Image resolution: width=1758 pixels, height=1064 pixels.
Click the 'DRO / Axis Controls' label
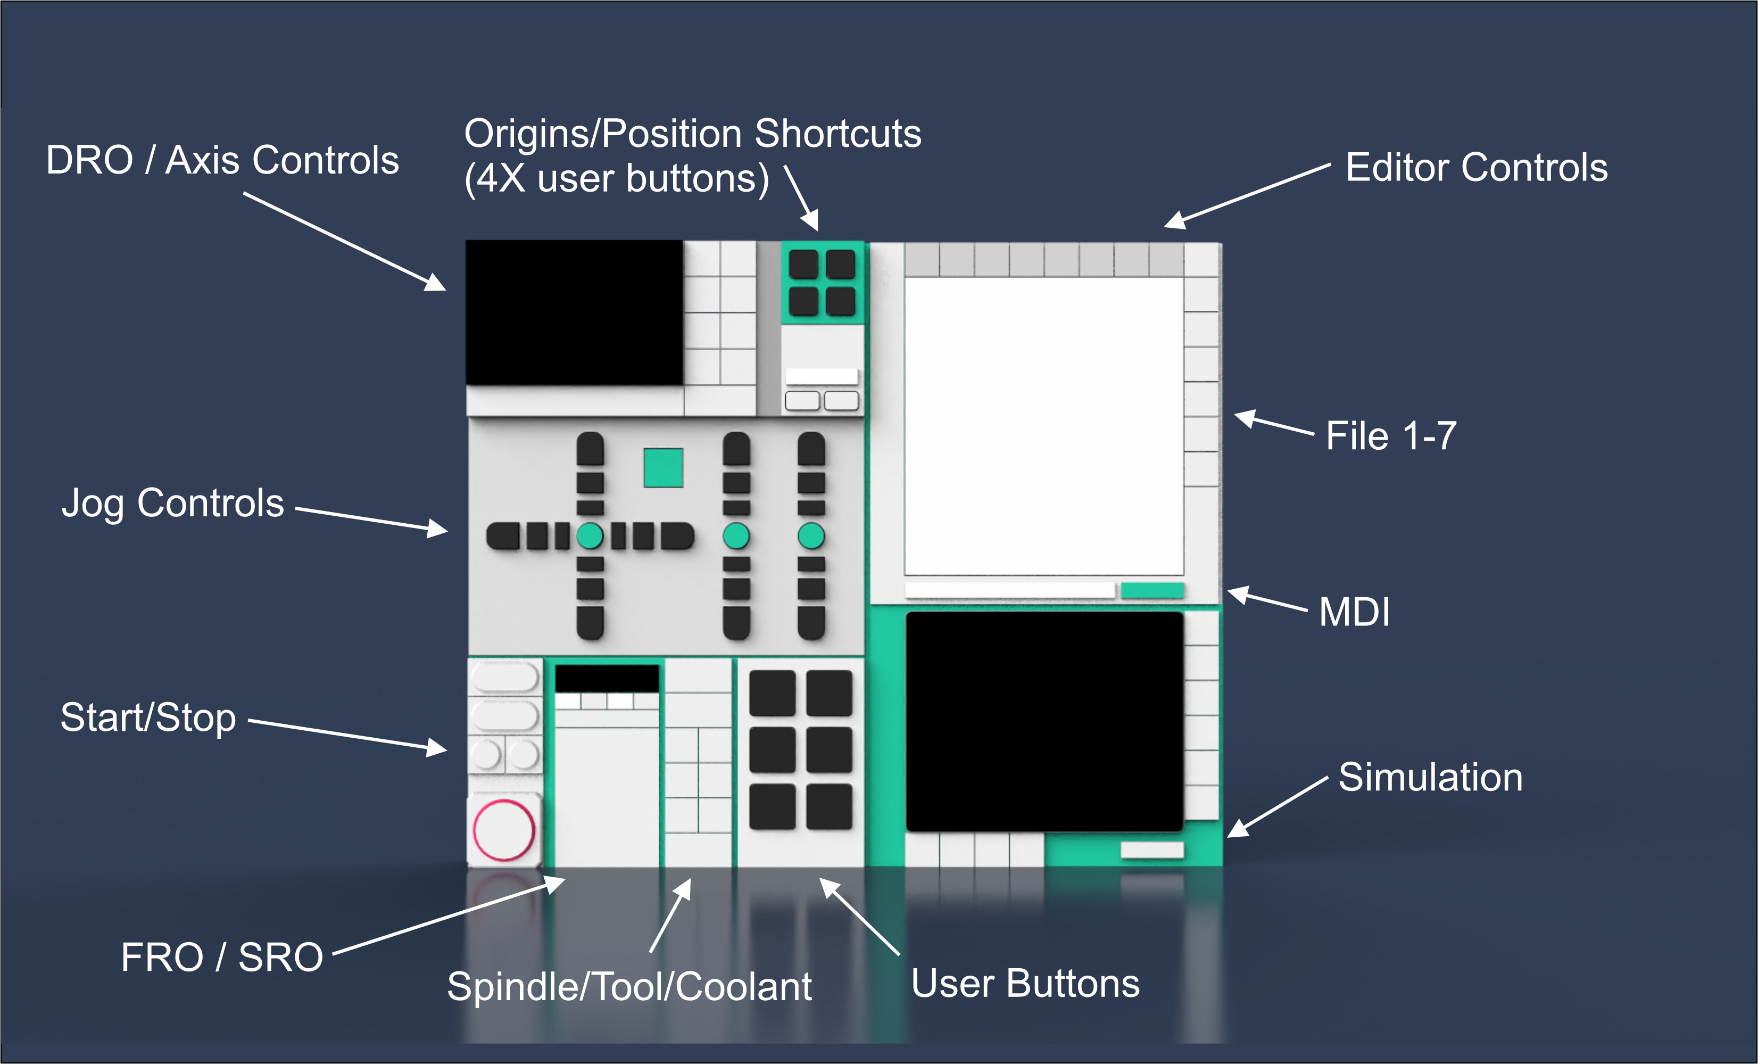pyautogui.click(x=222, y=160)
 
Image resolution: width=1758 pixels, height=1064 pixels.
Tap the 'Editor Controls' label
pyautogui.click(x=1476, y=168)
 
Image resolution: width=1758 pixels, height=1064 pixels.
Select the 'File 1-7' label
pyautogui.click(x=1390, y=435)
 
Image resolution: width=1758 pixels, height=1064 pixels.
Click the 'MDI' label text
pyautogui.click(x=1354, y=612)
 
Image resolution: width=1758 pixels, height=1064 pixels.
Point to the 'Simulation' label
pyautogui.click(x=1430, y=777)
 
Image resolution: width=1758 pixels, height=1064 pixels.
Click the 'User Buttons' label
pyautogui.click(x=1025, y=983)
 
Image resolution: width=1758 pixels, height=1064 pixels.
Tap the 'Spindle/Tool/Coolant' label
pyautogui.click(x=629, y=987)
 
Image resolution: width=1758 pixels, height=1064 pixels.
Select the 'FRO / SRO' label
pyautogui.click(x=222, y=958)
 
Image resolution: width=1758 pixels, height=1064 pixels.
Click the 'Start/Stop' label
pyautogui.click(x=148, y=717)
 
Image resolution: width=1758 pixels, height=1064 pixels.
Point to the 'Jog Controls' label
pyautogui.click(x=172, y=503)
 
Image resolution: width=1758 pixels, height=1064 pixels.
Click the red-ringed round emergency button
pyautogui.click(x=504, y=830)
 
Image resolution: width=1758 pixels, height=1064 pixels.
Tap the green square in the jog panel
pyautogui.click(x=663, y=467)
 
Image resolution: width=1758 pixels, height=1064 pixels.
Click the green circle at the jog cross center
pyautogui.click(x=590, y=536)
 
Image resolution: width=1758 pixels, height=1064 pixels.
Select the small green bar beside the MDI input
pyautogui.click(x=1152, y=590)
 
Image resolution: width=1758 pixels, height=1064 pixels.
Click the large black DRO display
pyautogui.click(x=574, y=312)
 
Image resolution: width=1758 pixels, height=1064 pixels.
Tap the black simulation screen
pyautogui.click(x=1044, y=721)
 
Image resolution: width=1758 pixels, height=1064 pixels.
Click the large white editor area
pyautogui.click(x=1044, y=426)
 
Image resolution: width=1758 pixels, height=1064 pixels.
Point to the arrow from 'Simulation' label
pyautogui.click(x=1277, y=806)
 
